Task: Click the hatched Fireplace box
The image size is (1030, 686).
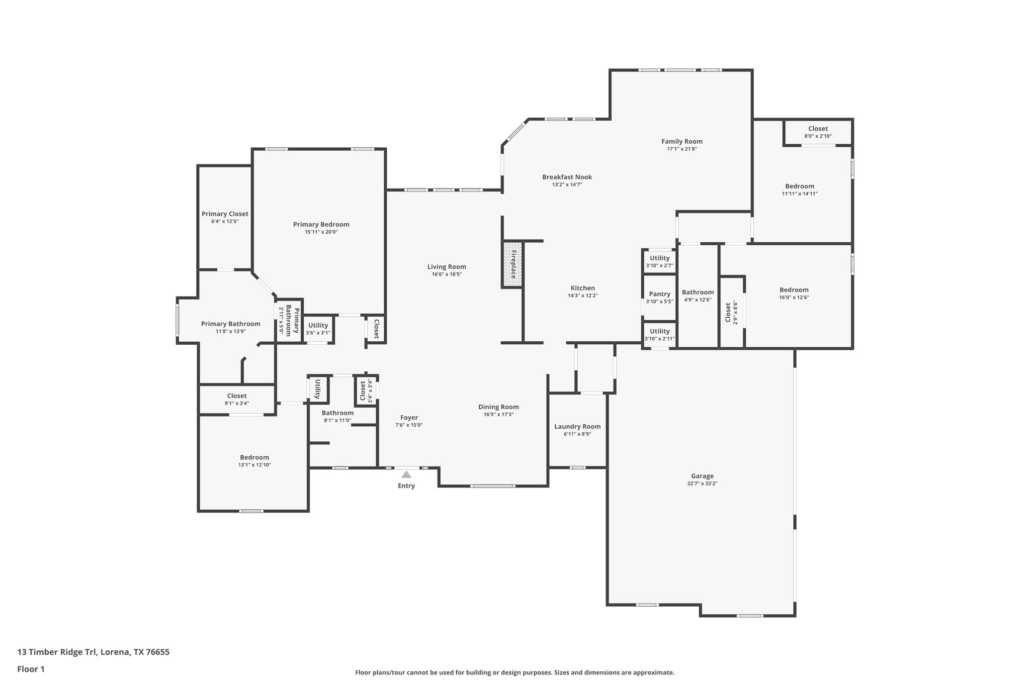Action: (512, 265)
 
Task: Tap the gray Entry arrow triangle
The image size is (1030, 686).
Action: (406, 474)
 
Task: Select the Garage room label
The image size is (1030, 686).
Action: (702, 476)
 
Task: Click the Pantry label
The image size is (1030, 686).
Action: (659, 294)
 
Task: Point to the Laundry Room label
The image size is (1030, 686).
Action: (577, 427)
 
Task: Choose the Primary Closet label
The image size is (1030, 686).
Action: (225, 214)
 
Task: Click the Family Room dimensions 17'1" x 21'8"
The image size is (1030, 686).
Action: (681, 149)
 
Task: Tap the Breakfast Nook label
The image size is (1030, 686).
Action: (567, 177)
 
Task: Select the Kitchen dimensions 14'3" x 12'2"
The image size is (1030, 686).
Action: (582, 296)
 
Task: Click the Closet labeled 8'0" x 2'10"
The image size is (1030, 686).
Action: (818, 132)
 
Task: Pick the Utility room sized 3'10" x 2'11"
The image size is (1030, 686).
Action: (659, 335)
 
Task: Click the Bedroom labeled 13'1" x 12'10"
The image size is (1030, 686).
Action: (254, 461)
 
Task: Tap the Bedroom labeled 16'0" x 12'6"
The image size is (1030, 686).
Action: (794, 293)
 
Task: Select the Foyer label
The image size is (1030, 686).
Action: (409, 418)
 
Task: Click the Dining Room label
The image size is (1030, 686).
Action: (498, 407)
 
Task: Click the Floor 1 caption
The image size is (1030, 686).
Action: (31, 669)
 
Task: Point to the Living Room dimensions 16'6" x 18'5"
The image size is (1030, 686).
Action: (447, 274)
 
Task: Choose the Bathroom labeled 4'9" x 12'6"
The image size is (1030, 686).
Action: (698, 296)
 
